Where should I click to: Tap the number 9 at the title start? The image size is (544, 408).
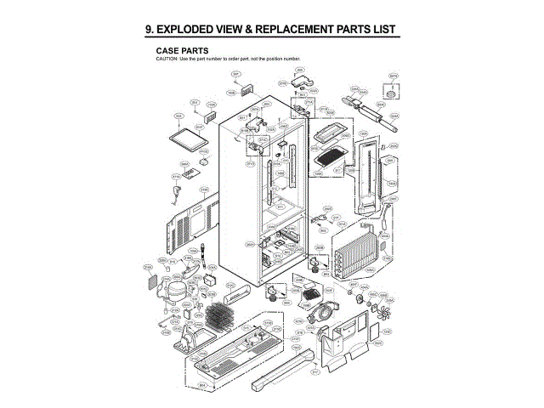(x=149, y=30)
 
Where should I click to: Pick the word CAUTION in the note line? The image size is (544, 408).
(x=165, y=58)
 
